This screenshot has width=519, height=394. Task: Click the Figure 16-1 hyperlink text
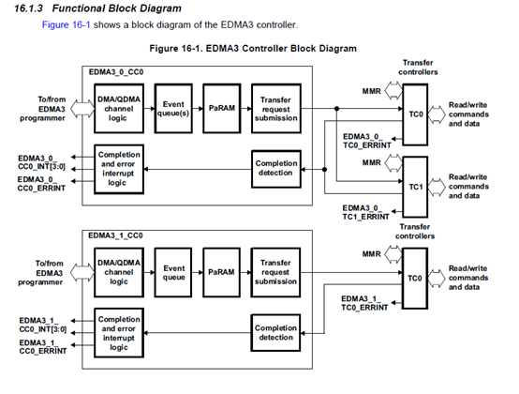click(x=66, y=24)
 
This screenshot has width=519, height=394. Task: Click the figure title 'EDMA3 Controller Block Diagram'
click(x=281, y=49)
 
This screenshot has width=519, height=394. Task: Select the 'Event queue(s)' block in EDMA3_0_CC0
click(x=173, y=109)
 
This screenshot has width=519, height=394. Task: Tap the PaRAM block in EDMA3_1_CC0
click(x=221, y=272)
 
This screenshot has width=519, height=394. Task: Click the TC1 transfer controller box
click(x=415, y=187)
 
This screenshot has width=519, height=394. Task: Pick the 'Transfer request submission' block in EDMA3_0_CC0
click(x=276, y=109)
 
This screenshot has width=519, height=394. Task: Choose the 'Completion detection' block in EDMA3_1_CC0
click(x=275, y=333)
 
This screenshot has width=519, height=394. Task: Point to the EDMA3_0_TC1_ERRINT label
click(x=365, y=212)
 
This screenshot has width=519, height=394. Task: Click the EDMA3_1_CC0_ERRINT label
click(x=43, y=346)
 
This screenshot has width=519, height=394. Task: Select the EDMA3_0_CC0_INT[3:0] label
click(x=41, y=162)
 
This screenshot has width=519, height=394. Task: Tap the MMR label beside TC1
click(x=371, y=162)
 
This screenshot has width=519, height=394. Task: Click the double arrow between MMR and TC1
click(x=393, y=163)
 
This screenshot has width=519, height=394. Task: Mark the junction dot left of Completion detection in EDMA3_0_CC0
click(x=325, y=170)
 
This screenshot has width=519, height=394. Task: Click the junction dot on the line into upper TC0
click(x=336, y=109)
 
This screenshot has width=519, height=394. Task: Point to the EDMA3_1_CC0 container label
click(x=115, y=235)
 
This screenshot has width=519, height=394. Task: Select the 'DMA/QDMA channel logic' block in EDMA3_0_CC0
click(x=119, y=109)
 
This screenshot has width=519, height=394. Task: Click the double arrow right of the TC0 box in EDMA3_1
click(x=437, y=278)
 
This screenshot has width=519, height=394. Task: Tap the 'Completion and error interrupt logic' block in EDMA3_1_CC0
click(x=119, y=333)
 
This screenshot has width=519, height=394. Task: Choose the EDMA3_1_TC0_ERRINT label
click(x=364, y=303)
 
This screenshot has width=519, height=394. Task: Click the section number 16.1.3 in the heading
click(x=28, y=8)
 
